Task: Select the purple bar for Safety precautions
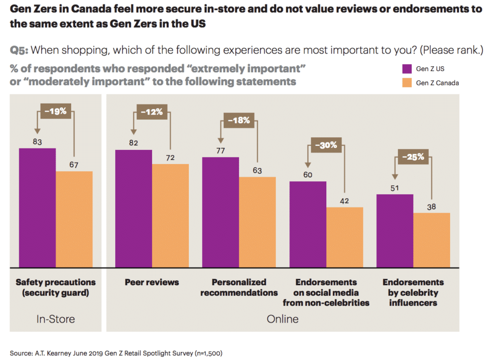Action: click(37, 208)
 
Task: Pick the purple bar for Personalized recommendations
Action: click(221, 212)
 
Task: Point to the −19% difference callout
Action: click(56, 111)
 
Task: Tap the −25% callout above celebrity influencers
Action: click(413, 157)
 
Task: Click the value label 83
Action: click(37, 142)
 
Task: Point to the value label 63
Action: click(257, 171)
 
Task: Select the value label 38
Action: click(431, 207)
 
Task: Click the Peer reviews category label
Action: click(152, 282)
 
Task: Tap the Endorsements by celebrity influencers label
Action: click(413, 292)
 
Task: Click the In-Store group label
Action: click(56, 319)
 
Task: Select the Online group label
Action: click(282, 319)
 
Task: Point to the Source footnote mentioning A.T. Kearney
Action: click(116, 352)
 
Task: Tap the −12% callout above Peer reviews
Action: click(152, 112)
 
